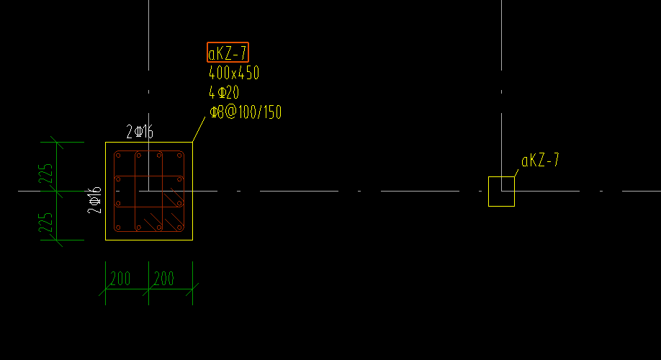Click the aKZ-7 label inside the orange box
[228, 53]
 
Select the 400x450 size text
[234, 73]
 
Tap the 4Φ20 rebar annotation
[224, 92]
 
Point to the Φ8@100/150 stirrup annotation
[246, 112]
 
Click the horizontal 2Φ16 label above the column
[140, 132]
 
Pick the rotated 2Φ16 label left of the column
[94, 200]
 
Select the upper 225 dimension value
[46, 174]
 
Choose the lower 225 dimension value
[46, 222]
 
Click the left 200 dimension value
[120, 279]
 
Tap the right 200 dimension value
[164, 279]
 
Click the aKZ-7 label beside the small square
[541, 160]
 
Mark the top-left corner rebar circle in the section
[118, 156]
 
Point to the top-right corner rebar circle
[179, 156]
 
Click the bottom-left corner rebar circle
[118, 228]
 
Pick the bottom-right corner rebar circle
[179, 228]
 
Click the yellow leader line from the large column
[199, 130]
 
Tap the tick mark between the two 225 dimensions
[57, 192]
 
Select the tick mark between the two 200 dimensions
[149, 289]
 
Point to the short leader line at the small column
[516, 173]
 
